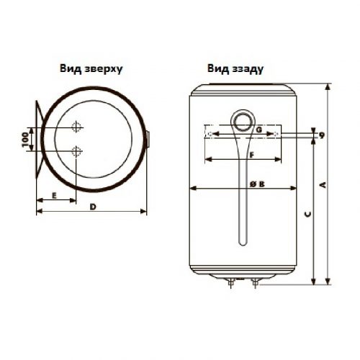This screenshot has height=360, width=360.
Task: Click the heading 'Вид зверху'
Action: click(91, 69)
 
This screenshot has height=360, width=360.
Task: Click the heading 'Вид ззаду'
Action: click(235, 69)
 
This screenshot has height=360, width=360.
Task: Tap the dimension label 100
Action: click(25, 140)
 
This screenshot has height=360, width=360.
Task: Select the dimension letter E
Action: click(55, 196)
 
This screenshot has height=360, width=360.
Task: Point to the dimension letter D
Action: click(93, 207)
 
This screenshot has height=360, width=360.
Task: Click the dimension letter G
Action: click(258, 130)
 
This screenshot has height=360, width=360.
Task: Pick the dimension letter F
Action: click(252, 155)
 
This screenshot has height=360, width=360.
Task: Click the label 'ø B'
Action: click(257, 184)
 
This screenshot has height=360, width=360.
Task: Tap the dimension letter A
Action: click(323, 185)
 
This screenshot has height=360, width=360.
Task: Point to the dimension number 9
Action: click(322, 135)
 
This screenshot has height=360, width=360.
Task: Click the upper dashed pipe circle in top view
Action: click(76, 127)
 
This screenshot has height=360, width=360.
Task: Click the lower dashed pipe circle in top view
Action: click(76, 151)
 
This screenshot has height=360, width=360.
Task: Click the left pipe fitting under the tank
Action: click(231, 283)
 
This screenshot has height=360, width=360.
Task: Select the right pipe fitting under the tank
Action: click(255, 283)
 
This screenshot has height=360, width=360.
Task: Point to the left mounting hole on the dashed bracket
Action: click(210, 134)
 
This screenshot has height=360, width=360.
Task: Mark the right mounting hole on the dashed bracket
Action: click(276, 134)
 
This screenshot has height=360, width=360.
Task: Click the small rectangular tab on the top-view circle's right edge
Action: click(148, 139)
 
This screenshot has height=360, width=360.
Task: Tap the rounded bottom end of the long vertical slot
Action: click(243, 243)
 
